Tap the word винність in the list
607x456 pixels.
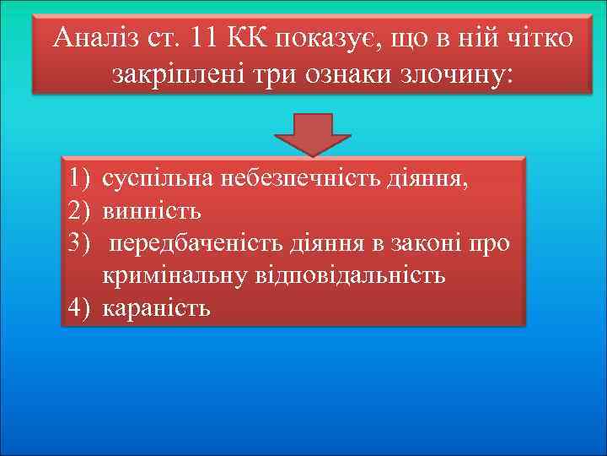coord(152,210)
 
